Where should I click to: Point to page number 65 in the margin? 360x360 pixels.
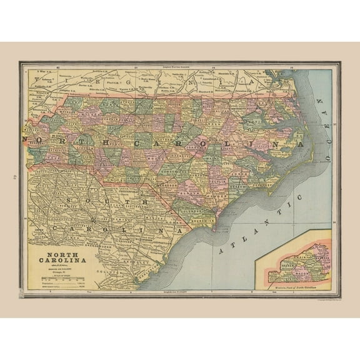click(9, 177)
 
